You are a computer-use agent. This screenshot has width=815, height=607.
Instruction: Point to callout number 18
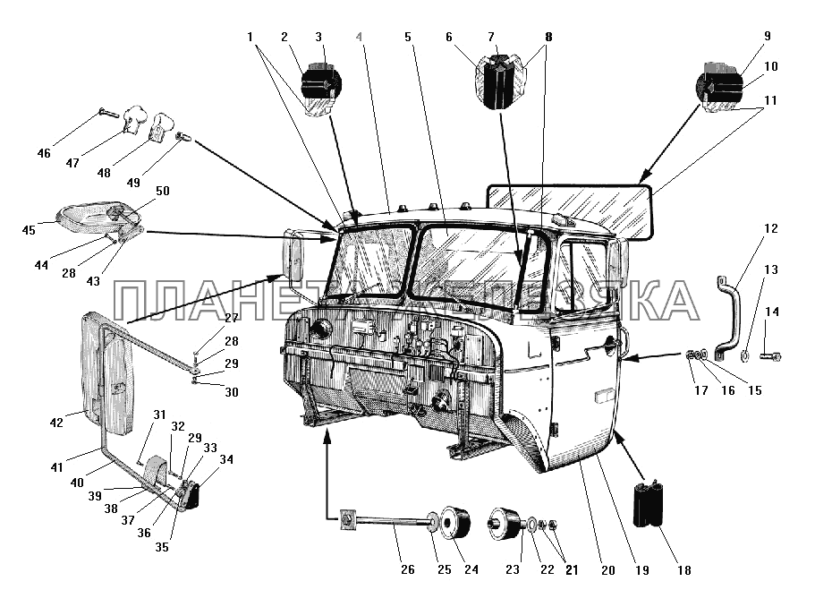[x=685, y=570]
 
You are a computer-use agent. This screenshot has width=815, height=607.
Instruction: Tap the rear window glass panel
[x=573, y=213]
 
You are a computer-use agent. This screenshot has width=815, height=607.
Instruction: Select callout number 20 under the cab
[x=607, y=570]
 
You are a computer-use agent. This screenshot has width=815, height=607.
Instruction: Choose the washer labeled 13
[x=744, y=358]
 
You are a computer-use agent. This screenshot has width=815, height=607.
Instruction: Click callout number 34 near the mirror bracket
[x=226, y=460]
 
